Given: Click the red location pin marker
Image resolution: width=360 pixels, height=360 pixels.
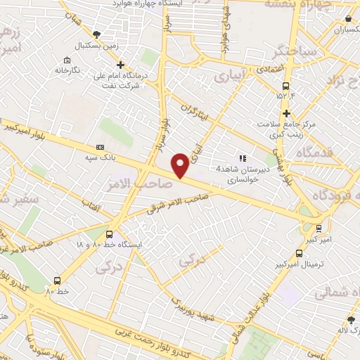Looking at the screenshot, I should (x=181, y=165).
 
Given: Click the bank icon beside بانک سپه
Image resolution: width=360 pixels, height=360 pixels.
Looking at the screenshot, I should (x=100, y=147).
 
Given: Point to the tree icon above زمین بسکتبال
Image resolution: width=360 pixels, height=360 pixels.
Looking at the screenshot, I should (x=97, y=33).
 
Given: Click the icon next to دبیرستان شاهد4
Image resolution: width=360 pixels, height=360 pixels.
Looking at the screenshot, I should (x=243, y=158).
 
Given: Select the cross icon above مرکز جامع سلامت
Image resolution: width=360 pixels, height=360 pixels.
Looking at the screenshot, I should (x=285, y=113).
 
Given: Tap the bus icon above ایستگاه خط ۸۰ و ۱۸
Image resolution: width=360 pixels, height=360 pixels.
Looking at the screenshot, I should (x=109, y=234).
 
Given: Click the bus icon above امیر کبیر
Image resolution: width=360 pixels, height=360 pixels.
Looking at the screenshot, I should (x=319, y=228).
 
